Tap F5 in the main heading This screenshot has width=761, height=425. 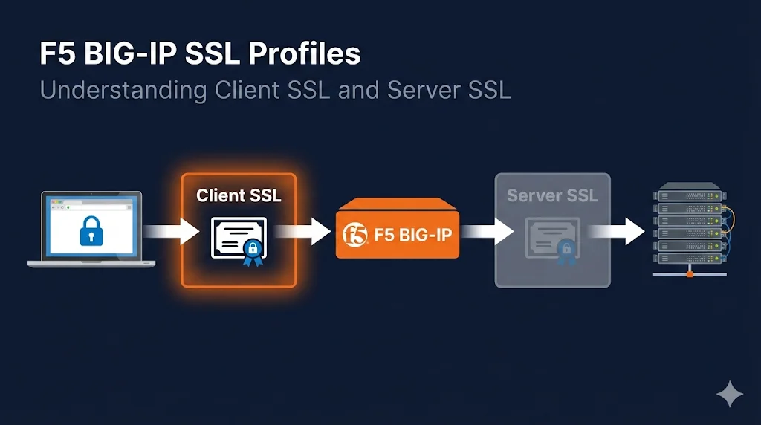pos(54,54)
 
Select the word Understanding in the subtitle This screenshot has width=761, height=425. pos(111,91)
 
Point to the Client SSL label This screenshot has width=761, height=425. pos(239,195)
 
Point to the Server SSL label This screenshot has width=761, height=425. pos(552,196)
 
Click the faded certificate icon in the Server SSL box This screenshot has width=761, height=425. pos(551,238)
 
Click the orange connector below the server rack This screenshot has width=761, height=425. pos(689,275)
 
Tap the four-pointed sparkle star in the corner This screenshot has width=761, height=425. pos(729,395)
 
